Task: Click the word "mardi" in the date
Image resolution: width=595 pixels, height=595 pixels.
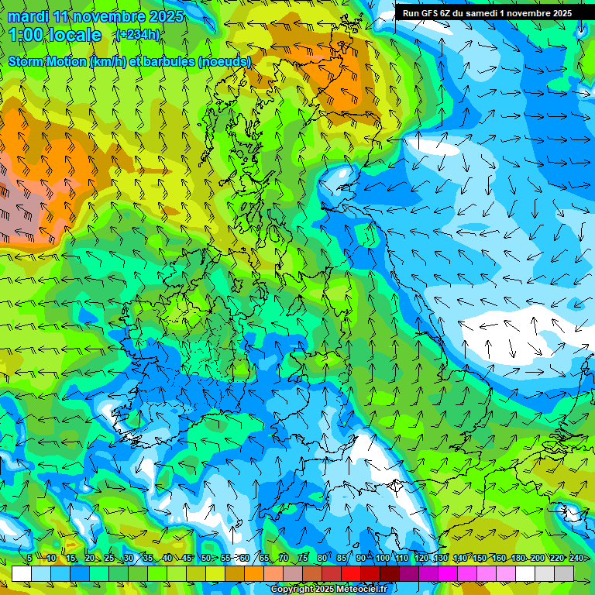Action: (28, 16)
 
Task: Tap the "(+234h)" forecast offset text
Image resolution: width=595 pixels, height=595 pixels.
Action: (138, 34)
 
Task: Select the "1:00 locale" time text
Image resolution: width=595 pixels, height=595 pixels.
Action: (54, 35)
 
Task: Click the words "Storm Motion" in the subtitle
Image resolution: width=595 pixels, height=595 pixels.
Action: (47, 61)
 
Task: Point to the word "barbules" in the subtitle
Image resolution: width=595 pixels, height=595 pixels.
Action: (170, 61)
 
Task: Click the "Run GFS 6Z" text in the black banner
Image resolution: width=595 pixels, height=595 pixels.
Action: (426, 13)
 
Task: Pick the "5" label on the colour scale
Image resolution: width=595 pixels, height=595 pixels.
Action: (29, 558)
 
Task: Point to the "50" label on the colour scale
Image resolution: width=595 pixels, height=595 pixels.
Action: (205, 558)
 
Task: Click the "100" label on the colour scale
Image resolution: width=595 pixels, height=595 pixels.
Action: (381, 558)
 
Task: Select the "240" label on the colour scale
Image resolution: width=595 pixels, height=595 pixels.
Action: (576, 558)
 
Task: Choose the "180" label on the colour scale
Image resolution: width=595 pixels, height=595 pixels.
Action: (518, 558)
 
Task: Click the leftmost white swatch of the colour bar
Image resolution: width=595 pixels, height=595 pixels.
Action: (22, 573)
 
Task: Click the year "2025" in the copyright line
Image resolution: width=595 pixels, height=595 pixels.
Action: (323, 590)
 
